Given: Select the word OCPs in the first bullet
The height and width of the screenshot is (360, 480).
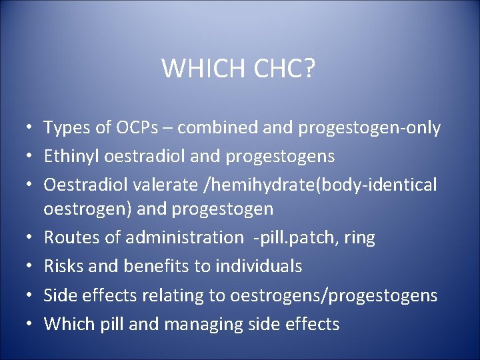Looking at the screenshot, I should (134, 128).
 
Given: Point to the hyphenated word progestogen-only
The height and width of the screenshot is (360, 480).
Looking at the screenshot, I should (369, 128).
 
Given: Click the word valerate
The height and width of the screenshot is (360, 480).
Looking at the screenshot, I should (161, 185).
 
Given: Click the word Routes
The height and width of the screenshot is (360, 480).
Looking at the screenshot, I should (71, 237).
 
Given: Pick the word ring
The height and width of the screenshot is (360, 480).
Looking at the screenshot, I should (361, 237).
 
